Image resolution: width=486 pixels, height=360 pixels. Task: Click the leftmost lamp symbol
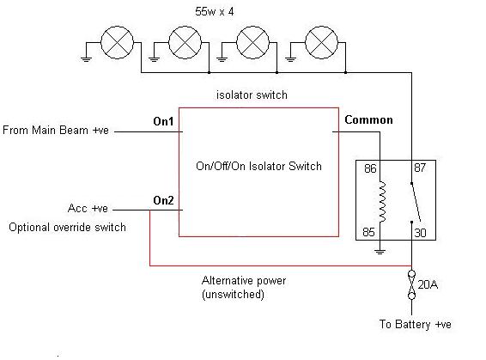tap(117, 42)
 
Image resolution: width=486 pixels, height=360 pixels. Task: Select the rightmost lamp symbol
tap(321, 42)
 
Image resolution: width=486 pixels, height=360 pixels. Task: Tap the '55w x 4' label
tap(214, 12)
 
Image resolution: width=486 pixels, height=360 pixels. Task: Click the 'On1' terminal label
tap(163, 121)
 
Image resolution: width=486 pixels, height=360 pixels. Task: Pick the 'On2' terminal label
tap(163, 200)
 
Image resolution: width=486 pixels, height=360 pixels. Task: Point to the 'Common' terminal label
tap(368, 119)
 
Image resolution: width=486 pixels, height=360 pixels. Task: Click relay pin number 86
tap(370, 168)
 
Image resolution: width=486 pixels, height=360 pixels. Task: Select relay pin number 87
tap(420, 168)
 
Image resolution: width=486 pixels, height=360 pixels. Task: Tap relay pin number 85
tap(368, 232)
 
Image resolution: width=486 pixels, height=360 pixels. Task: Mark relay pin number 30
tap(420, 233)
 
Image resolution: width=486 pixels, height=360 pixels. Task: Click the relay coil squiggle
tap(383, 202)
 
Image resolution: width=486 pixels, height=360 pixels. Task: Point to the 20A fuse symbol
tap(411, 284)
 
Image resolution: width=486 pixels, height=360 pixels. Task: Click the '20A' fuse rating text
tap(428, 284)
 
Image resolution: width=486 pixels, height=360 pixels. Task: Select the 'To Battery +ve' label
tap(416, 324)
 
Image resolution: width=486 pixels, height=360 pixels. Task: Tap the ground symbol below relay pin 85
tap(380, 252)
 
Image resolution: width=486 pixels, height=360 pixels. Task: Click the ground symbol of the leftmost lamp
tap(86, 59)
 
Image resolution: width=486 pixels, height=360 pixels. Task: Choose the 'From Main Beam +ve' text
tap(56, 130)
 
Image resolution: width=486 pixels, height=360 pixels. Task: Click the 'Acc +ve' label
tap(88, 208)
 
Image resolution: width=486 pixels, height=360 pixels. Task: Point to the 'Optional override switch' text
tap(67, 228)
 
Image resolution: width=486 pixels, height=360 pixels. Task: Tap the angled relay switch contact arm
tap(416, 202)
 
